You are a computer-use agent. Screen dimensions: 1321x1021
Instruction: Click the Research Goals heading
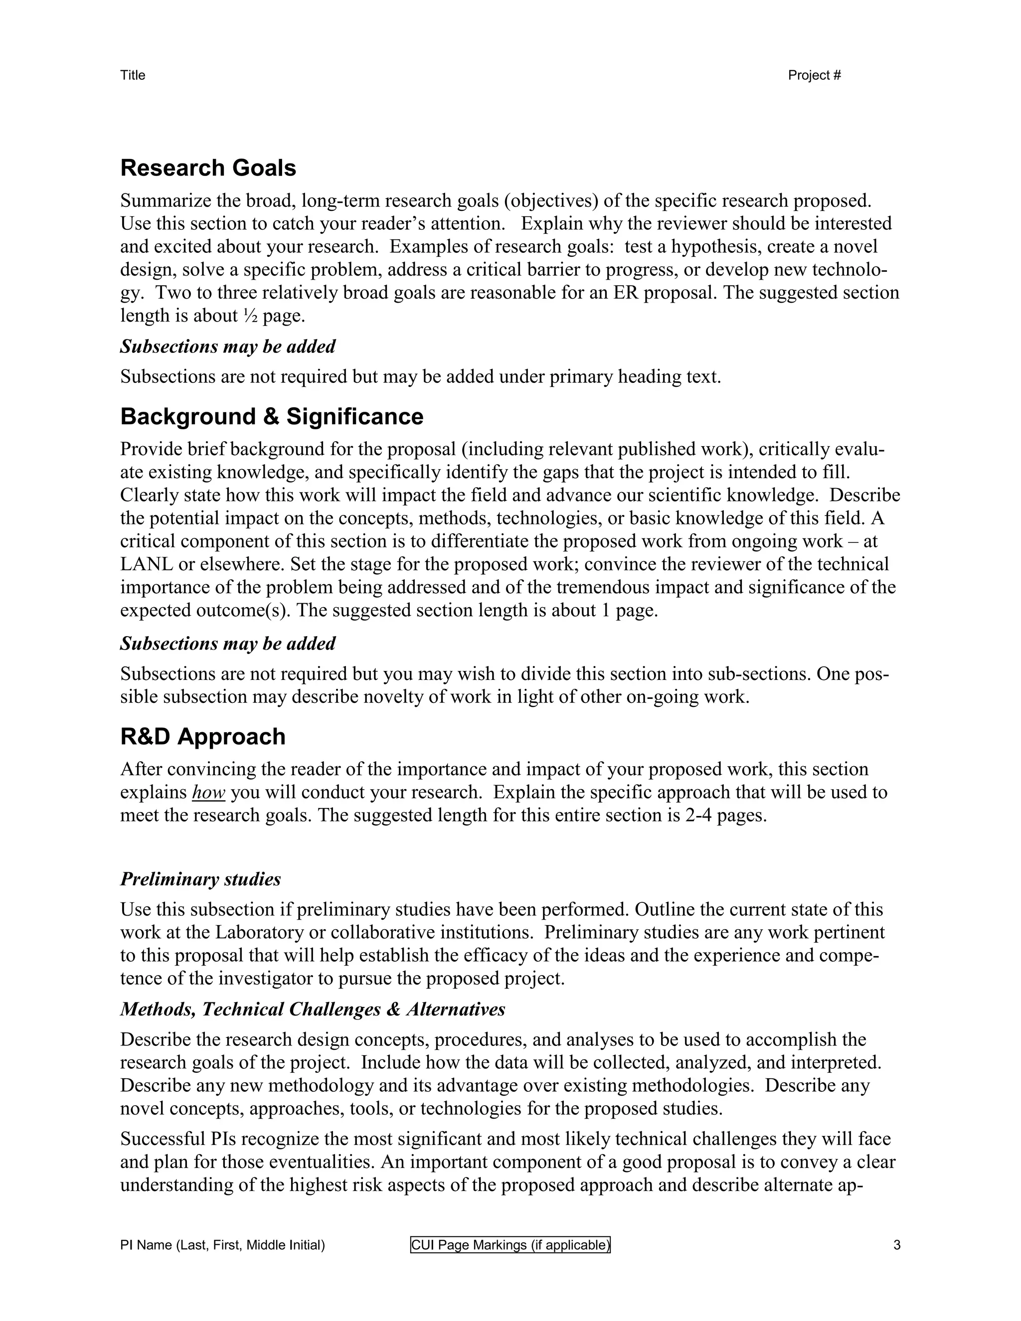pos(208,168)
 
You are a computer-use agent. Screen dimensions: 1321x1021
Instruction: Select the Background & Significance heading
pos(272,417)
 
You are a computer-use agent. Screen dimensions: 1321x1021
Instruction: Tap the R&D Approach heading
pos(202,737)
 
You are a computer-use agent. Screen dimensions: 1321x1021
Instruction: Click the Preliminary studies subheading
pos(200,879)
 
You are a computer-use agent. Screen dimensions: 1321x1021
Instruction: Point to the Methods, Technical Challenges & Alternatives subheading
pos(312,1009)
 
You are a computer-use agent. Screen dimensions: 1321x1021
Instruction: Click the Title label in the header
pos(133,75)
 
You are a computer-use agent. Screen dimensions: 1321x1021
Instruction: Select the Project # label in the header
pos(814,75)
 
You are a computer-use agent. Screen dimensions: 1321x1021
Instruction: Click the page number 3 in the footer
pos(896,1245)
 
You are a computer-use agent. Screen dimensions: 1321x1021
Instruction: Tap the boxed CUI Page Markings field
pos(510,1245)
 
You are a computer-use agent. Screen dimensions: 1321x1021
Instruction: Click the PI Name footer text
pos(222,1245)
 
